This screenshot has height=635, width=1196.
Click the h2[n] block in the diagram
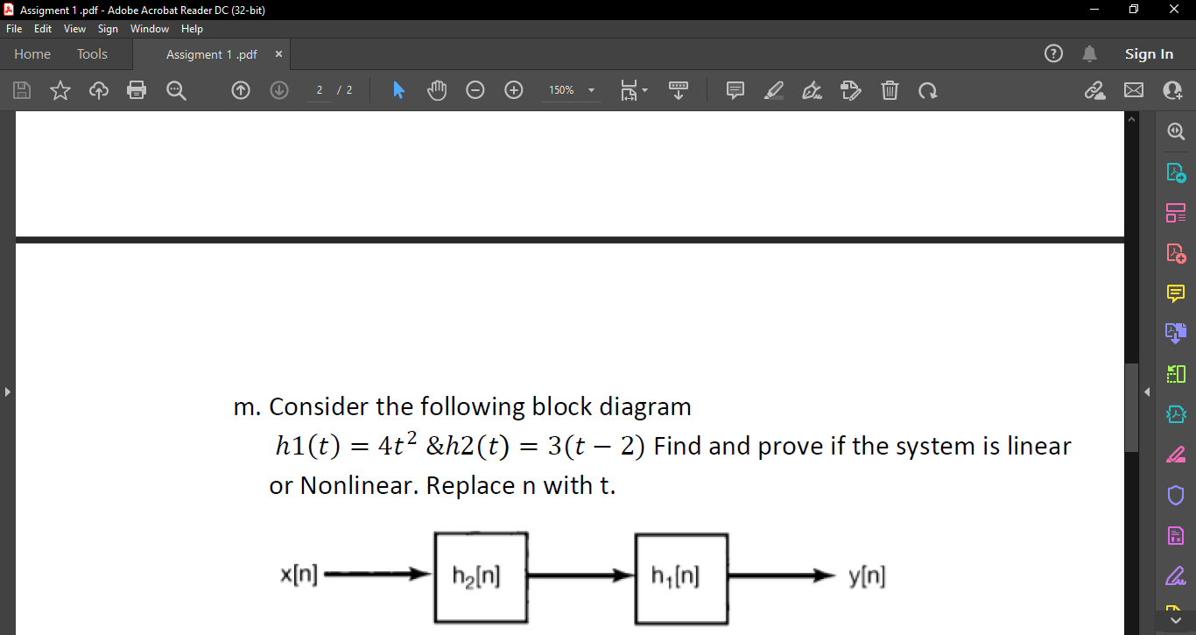481,577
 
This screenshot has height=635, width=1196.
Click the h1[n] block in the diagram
681,577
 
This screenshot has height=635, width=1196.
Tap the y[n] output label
867,575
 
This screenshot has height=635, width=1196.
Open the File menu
14,29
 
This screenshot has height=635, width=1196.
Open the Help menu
192,29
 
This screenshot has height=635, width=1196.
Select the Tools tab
92,54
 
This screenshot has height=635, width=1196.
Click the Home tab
32,54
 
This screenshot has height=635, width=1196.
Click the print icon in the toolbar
137,90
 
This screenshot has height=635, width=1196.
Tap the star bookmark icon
60,90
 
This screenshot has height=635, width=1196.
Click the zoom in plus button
514,90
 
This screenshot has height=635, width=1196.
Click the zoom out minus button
475,90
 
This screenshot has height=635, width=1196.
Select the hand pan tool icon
436,90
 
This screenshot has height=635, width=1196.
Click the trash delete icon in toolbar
889,90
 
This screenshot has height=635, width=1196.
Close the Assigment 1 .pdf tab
278,54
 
